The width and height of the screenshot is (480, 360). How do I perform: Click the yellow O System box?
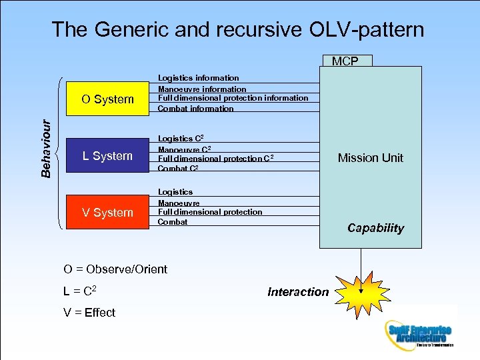[x=107, y=99]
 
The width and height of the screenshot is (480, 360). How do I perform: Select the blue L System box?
[x=107, y=156]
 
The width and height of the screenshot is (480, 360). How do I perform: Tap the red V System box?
[x=107, y=213]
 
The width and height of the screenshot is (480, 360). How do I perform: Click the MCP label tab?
[x=345, y=61]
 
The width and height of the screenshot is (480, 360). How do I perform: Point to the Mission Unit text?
[x=370, y=158]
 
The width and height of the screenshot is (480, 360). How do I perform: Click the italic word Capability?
[x=375, y=228]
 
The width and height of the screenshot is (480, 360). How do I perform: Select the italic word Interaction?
[x=298, y=291]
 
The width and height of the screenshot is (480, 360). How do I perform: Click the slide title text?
[x=237, y=29]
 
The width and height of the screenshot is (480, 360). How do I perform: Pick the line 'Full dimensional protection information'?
[x=233, y=98]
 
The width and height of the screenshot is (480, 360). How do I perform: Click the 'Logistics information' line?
[x=198, y=78]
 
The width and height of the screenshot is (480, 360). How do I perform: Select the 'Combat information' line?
[x=195, y=109]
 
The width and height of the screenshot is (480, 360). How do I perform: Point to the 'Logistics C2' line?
[x=181, y=138]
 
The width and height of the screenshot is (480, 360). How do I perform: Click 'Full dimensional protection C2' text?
[x=215, y=159]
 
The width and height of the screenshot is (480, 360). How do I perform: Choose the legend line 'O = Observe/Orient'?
[x=115, y=269]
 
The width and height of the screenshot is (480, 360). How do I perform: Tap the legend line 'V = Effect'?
[x=89, y=313]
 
